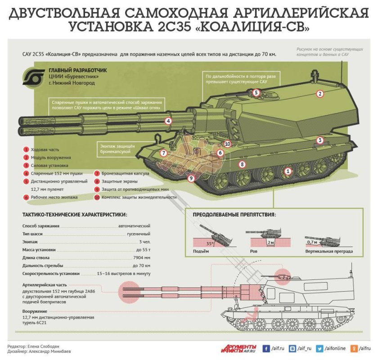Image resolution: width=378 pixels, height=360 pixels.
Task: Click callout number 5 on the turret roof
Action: click(x=256, y=93)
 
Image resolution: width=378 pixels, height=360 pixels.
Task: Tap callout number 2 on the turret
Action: click(x=320, y=94)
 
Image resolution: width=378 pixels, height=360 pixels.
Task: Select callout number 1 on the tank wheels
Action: click(x=288, y=171)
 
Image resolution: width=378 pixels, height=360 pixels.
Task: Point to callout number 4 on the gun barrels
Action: click(x=168, y=121)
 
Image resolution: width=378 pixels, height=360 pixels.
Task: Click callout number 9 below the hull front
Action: click(x=191, y=179)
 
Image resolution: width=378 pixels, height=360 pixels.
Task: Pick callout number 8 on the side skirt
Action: click(x=242, y=164)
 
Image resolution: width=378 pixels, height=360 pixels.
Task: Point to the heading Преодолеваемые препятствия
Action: click(x=234, y=215)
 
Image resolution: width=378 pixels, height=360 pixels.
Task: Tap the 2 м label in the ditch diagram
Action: click(x=271, y=242)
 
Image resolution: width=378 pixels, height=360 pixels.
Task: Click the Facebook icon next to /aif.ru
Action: click(x=266, y=348)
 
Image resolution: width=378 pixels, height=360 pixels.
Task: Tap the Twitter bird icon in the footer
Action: click(x=320, y=348)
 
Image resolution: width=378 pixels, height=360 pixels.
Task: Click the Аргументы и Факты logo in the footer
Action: click(x=238, y=348)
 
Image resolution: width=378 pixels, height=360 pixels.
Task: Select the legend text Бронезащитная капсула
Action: click(x=125, y=173)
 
